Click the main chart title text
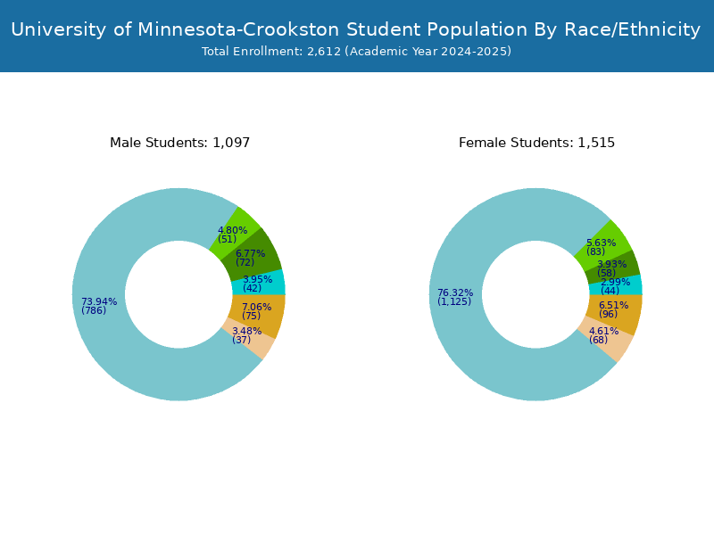coord(355,29)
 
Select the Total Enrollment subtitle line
coord(356,52)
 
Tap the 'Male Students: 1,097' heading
coord(180,143)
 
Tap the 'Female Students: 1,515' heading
coord(537,143)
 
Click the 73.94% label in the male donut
coord(99,301)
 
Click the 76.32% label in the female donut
coord(455,293)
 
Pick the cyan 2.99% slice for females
coord(616,285)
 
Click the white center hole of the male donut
coord(178,295)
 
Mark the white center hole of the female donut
coord(535,295)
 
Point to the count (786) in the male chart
coord(94,310)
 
